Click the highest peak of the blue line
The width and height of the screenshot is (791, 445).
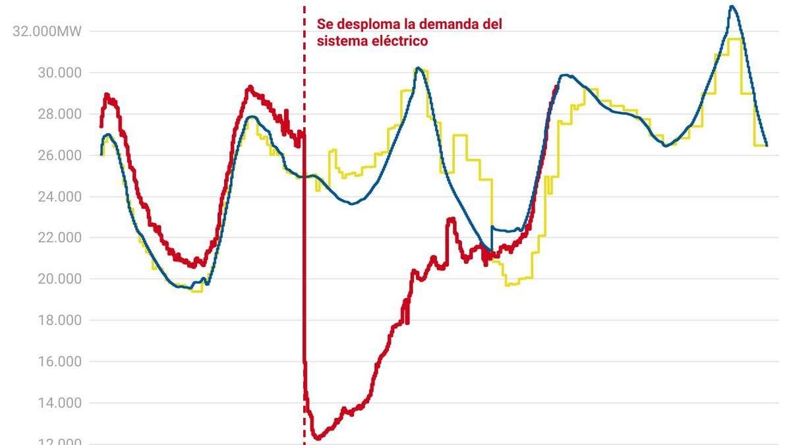point(732,7)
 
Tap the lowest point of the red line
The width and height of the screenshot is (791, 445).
point(317,438)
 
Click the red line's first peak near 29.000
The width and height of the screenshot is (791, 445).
point(106,94)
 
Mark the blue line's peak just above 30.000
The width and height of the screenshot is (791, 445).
point(417,68)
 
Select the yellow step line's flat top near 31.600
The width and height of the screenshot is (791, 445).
point(736,39)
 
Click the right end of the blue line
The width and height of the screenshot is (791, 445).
point(767,145)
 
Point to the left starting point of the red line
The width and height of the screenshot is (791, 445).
point(101,126)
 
